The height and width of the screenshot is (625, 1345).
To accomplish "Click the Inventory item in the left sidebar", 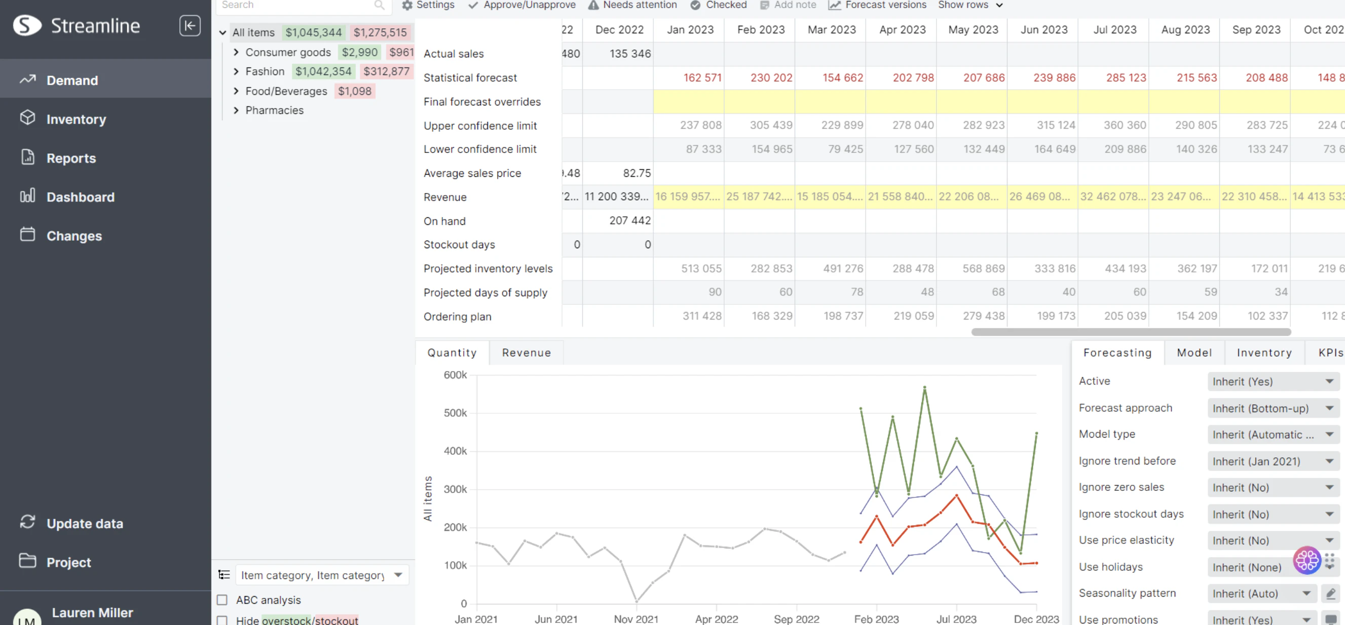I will (76, 120).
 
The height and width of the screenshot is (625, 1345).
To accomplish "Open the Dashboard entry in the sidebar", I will (80, 197).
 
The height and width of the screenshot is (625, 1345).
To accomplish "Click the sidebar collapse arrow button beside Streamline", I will (190, 25).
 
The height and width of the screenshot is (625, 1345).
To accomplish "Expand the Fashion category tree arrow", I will (236, 71).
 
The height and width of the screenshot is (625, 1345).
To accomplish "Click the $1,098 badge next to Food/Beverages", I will (355, 91).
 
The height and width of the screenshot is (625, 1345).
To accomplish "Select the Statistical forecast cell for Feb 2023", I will (771, 77).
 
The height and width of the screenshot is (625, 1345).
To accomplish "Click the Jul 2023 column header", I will (1114, 30).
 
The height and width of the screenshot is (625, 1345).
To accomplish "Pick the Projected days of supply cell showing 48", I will (927, 292).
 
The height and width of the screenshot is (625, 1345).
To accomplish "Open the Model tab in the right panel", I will (1193, 353).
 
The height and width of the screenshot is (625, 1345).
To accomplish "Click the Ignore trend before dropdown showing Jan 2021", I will (1273, 462).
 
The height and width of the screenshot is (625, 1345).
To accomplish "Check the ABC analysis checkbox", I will (222, 600).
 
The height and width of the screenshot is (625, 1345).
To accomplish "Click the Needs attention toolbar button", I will (632, 5).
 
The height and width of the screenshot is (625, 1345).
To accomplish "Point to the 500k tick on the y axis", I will (455, 413).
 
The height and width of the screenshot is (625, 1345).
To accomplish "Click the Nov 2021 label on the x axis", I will (636, 619).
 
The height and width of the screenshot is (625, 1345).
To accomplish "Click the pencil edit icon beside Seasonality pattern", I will (1330, 594).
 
